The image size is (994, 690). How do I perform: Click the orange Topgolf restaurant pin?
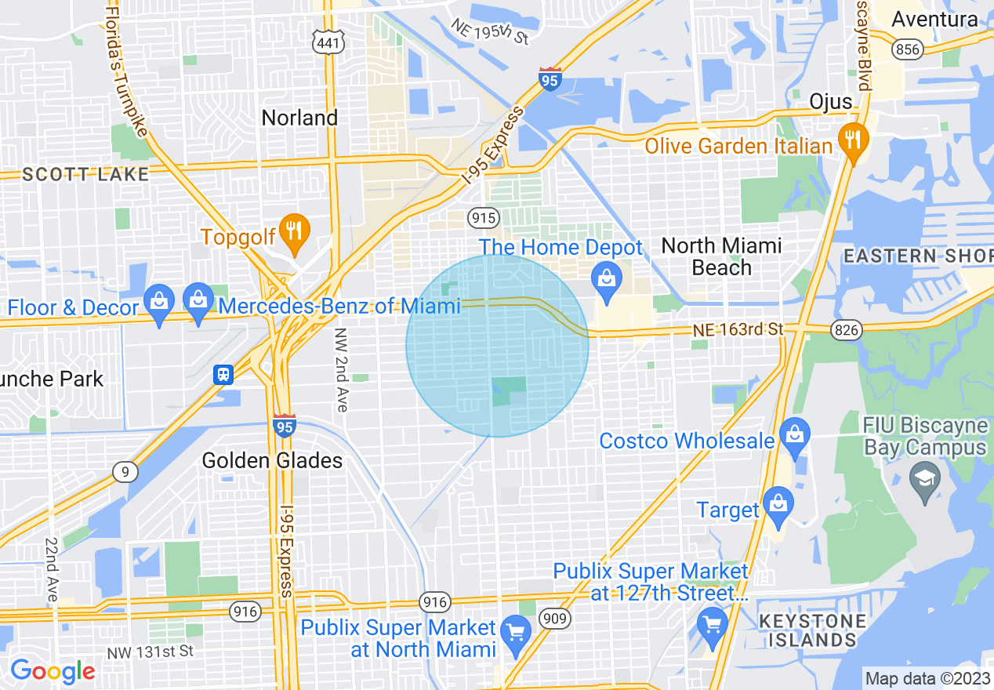coord(294,231)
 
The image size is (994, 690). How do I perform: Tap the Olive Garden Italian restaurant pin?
coord(851,140)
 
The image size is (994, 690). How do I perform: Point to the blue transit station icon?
coord(223,374)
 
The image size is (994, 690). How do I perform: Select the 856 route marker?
coord(907,49)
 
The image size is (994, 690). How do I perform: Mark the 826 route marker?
coord(847,330)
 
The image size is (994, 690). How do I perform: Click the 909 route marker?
coord(555,619)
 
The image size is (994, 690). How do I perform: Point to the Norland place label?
coord(299,118)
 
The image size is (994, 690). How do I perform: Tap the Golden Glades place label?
coord(272,460)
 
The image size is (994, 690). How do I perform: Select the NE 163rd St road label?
coord(738,330)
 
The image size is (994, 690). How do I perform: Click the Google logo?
coord(52,671)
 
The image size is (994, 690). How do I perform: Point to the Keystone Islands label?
coord(812,631)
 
